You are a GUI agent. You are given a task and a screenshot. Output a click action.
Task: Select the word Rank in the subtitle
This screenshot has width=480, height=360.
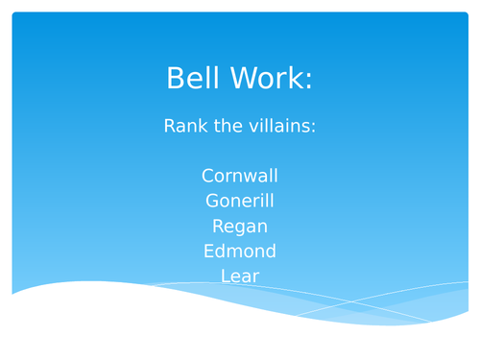(184, 126)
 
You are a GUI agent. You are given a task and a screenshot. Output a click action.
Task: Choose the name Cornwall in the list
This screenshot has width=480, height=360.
(240, 176)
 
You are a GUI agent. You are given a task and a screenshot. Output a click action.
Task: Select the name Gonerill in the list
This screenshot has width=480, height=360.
(240, 201)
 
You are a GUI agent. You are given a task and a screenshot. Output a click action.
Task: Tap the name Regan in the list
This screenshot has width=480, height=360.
(240, 227)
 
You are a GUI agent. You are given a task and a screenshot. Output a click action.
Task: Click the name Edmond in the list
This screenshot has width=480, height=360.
(240, 252)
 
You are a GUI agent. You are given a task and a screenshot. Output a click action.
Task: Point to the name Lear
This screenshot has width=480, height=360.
(240, 276)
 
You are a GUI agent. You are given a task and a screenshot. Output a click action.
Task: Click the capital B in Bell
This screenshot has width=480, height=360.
(176, 79)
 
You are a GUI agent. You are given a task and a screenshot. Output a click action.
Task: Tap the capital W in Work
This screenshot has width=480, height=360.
(239, 79)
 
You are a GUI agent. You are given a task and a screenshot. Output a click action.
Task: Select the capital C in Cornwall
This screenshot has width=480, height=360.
(208, 176)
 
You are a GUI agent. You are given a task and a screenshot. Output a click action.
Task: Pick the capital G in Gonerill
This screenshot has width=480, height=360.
(212, 201)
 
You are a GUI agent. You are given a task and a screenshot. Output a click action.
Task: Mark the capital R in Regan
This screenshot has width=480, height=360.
(218, 227)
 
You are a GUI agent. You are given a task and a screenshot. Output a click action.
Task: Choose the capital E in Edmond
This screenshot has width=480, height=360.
(208, 252)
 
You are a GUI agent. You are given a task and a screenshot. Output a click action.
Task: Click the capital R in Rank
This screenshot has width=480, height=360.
(170, 126)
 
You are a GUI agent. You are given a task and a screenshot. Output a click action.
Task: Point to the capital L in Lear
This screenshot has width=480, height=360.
(225, 276)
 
